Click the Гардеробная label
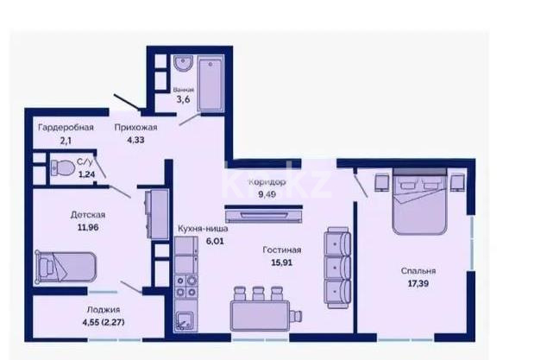65,127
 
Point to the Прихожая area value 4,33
126,141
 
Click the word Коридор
267,182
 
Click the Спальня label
418,270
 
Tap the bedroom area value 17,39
418,283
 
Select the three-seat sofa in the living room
336,264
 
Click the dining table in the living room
256,310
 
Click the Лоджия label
102,309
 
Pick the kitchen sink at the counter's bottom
185,323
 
